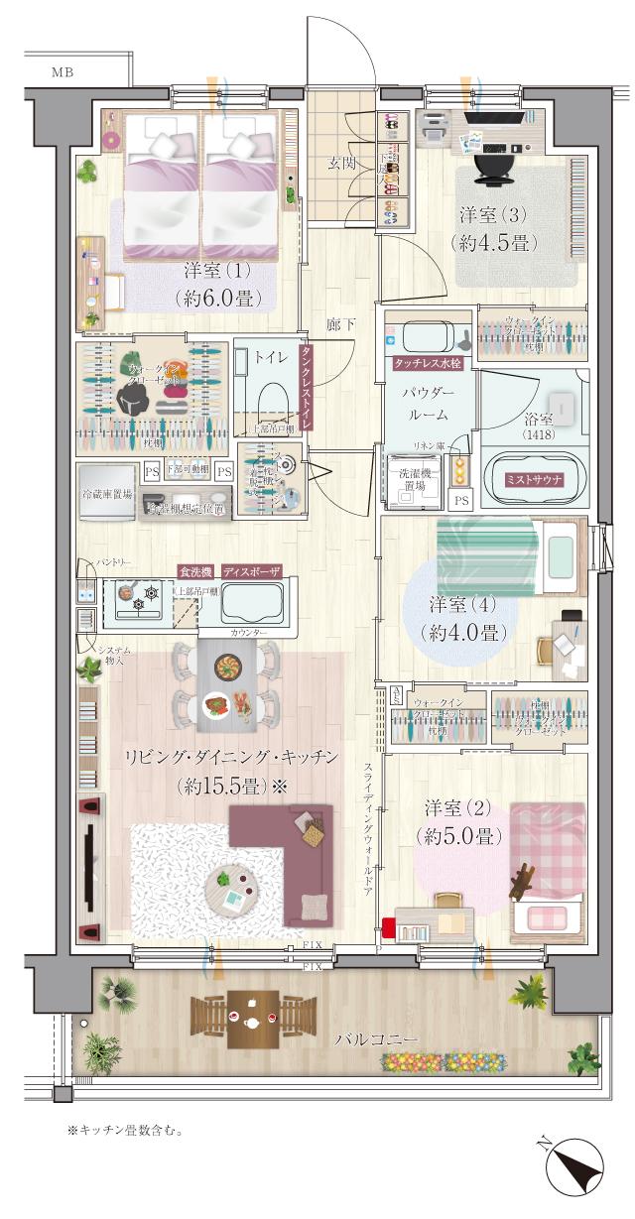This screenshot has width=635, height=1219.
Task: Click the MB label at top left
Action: (x=62, y=71)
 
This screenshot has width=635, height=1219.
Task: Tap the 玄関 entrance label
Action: (x=342, y=164)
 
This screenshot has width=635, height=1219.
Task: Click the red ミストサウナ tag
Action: (x=534, y=479)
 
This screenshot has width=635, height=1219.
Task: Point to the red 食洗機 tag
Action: (x=194, y=572)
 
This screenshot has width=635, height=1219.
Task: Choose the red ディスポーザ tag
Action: (x=251, y=572)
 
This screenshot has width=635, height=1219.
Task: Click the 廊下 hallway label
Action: (x=341, y=324)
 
